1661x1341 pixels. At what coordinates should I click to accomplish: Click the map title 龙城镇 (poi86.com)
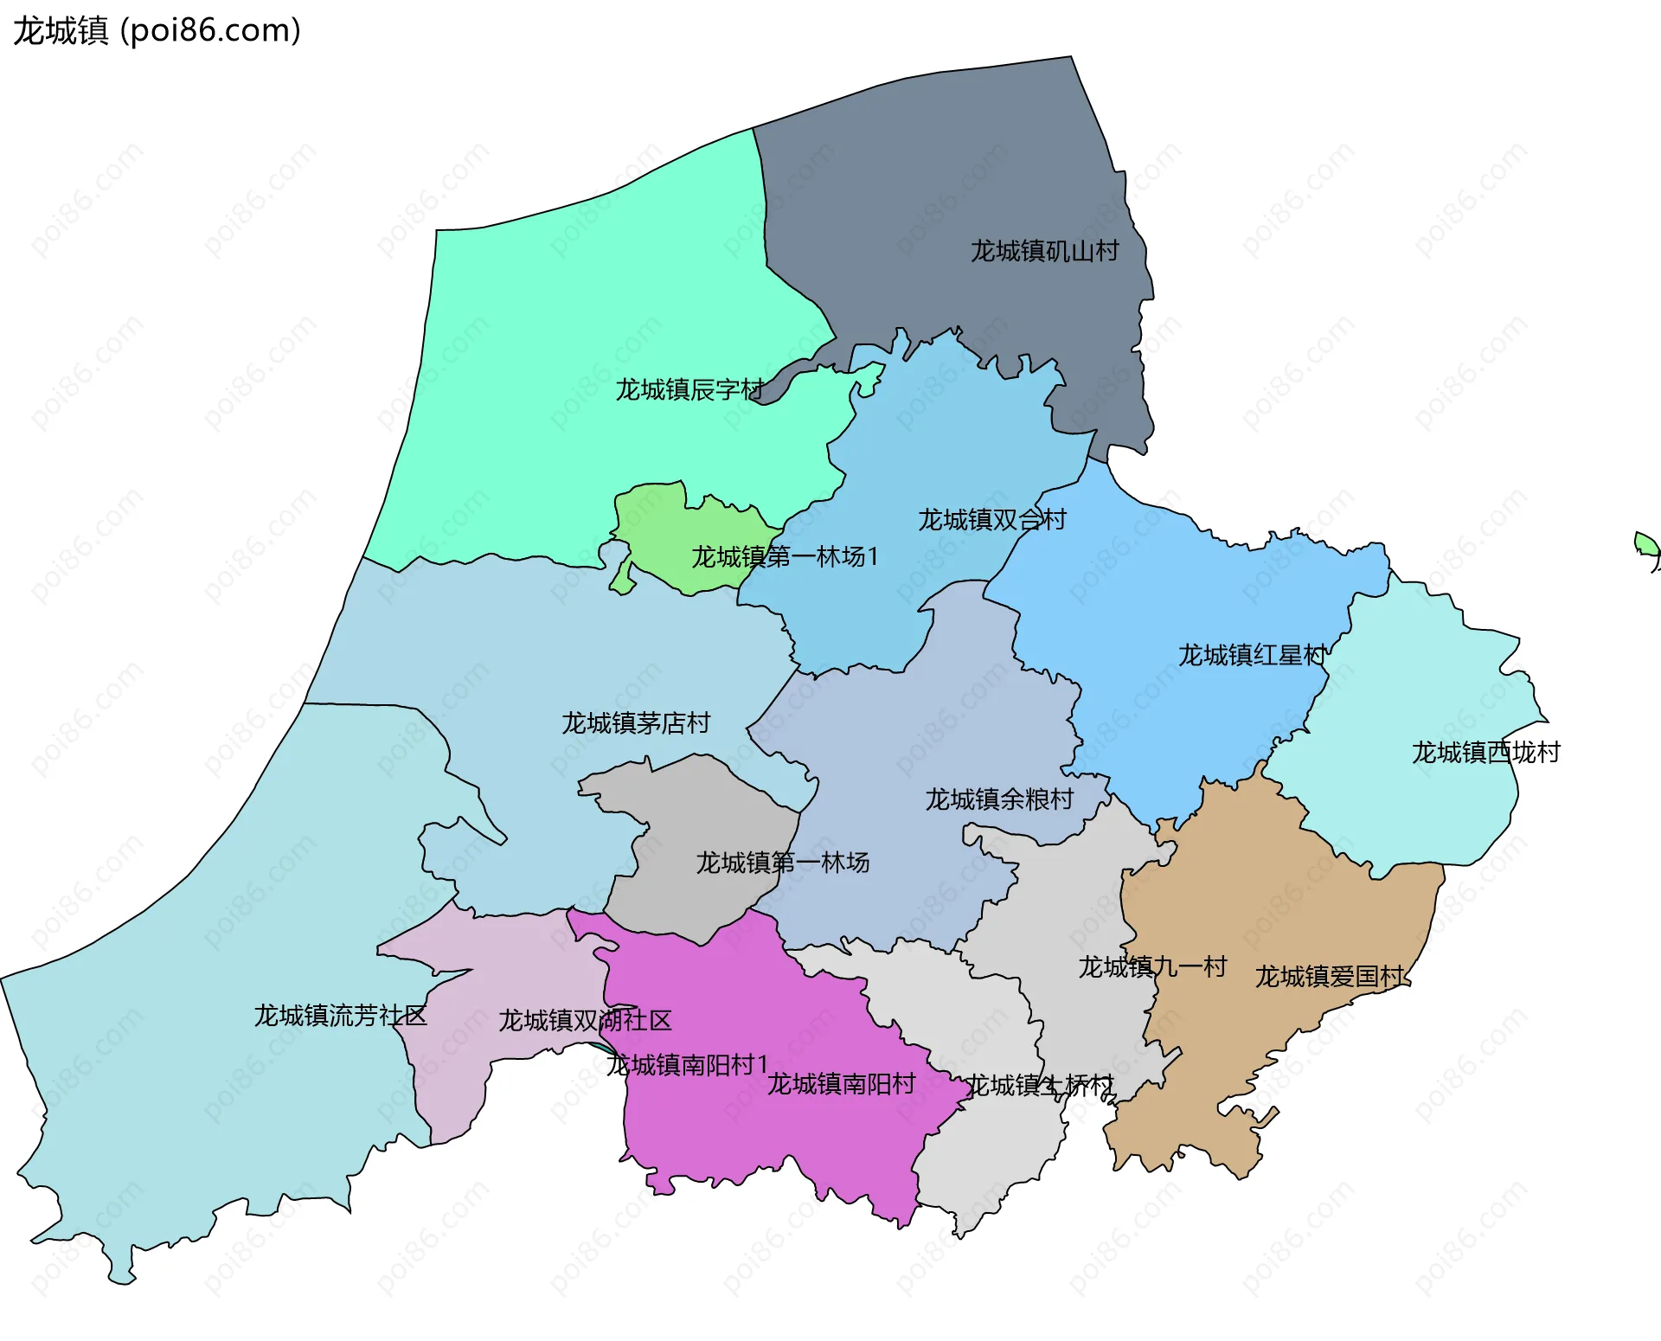(157, 30)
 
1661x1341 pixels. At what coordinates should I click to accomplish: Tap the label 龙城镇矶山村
(1044, 251)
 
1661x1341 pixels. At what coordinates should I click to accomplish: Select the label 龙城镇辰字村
(689, 389)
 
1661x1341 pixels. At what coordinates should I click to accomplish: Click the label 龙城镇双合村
(991, 519)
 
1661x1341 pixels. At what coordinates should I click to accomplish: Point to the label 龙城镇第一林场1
(784, 556)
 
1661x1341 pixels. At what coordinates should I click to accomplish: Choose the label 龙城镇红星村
(1252, 655)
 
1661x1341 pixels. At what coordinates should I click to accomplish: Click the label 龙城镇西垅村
(1485, 752)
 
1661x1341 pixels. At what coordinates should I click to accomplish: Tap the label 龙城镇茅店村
(636, 722)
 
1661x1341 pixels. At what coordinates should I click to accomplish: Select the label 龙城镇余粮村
(999, 799)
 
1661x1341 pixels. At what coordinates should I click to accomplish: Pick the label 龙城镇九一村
(1152, 966)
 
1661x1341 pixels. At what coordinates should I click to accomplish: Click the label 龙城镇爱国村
(1330, 976)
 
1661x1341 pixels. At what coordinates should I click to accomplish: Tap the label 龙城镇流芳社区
(340, 1015)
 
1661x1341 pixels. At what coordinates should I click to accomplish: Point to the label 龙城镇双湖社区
(585, 1020)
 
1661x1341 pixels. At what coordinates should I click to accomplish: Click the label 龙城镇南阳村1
(687, 1064)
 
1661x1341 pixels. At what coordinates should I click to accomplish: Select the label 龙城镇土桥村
(1040, 1085)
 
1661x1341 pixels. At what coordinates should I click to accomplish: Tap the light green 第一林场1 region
(657, 519)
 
